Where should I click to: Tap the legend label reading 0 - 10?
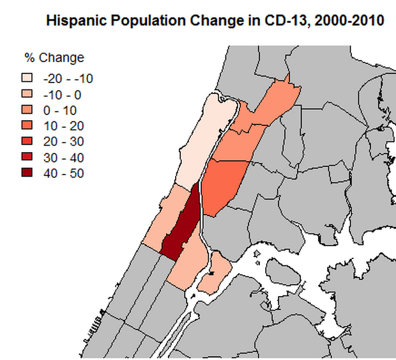(x=60, y=110)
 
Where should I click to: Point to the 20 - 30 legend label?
(x=63, y=141)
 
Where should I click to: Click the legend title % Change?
(x=54, y=58)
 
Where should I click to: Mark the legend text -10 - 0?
(x=61, y=95)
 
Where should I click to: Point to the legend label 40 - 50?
(x=63, y=173)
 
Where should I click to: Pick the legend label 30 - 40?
(x=63, y=157)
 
